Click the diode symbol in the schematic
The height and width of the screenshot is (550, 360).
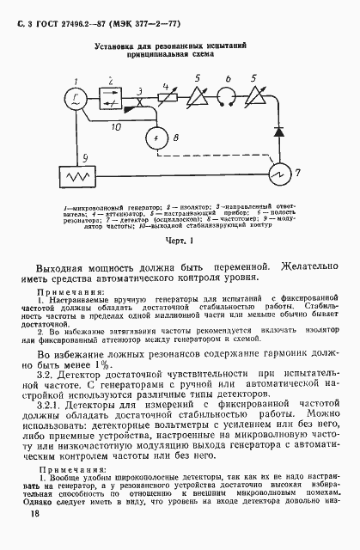click(x=278, y=133)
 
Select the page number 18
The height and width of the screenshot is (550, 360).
click(x=34, y=513)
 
